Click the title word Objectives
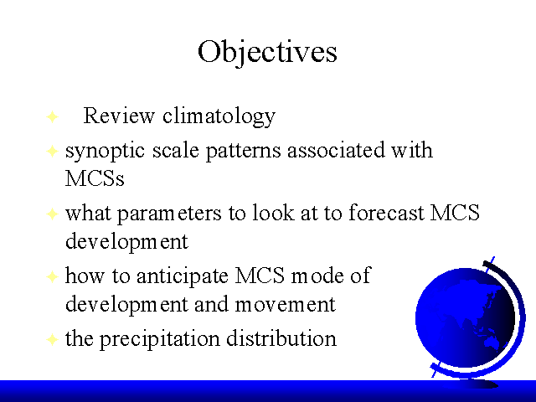(267, 52)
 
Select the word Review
(119, 116)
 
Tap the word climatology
(219, 116)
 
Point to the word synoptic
(105, 152)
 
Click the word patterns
(244, 151)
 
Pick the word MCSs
(95, 178)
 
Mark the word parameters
(169, 214)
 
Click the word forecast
(387, 212)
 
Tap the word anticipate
(183, 276)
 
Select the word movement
(286, 304)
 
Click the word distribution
(281, 338)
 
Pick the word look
(273, 212)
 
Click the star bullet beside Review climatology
(52, 116)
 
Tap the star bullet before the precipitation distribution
(52, 339)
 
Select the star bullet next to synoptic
(52, 151)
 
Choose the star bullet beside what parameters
(52, 214)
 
